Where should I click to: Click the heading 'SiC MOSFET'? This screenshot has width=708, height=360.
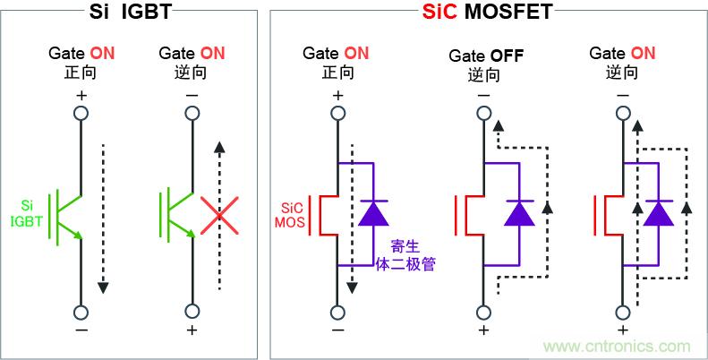[x=487, y=13]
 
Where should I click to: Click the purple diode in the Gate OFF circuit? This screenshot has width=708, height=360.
[x=517, y=212]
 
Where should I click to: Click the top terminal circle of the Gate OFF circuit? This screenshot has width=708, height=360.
[x=484, y=113]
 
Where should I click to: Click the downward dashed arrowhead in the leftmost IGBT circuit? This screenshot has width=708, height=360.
[x=104, y=286]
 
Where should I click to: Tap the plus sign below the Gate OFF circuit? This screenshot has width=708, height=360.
[x=484, y=331]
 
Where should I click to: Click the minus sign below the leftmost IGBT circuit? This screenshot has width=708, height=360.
[x=80, y=331]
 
